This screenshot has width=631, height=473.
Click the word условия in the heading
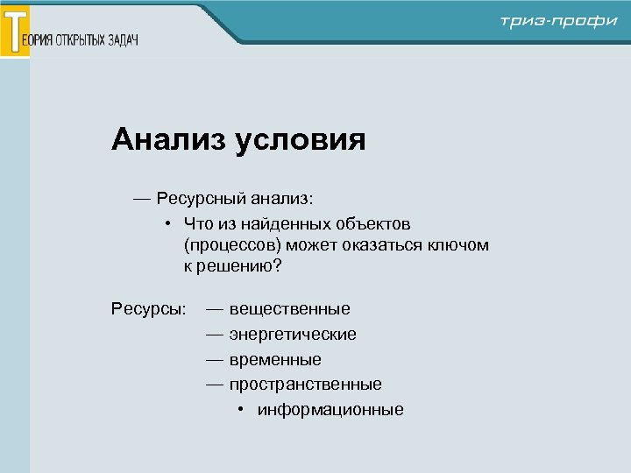[300, 140]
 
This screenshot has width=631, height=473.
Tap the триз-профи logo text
[559, 22]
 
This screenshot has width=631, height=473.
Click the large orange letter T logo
[15, 31]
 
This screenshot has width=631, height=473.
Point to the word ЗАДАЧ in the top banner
[123, 41]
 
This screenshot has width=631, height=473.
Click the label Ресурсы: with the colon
[149, 309]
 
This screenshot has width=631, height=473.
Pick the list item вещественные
[289, 309]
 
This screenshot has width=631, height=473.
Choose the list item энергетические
[293, 335]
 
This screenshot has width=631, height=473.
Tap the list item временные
[275, 360]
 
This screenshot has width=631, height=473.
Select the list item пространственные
[305, 385]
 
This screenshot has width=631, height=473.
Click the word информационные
[330, 410]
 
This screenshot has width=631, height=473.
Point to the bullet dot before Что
[167, 224]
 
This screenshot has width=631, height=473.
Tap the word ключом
[459, 245]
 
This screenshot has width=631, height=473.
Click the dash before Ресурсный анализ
[142, 199]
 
